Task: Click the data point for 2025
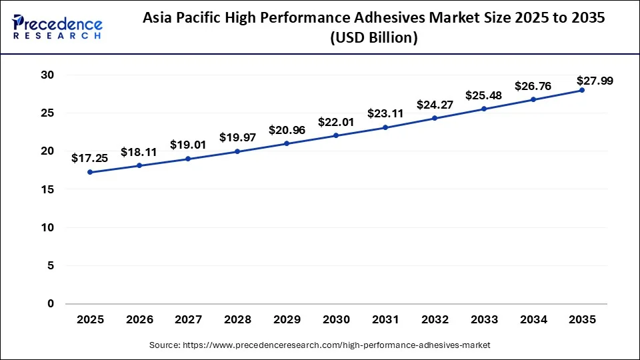click(90, 172)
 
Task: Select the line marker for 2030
click(336, 135)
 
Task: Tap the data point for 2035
click(582, 90)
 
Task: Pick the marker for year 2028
click(237, 151)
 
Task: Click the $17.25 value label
click(90, 159)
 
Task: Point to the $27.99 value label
click(595, 81)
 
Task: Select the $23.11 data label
click(385, 113)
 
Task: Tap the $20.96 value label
click(287, 130)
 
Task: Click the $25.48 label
click(484, 95)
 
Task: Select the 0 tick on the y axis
click(49, 304)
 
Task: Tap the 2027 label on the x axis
click(189, 320)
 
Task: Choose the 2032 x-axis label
click(435, 320)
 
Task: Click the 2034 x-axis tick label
click(533, 320)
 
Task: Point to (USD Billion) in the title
click(374, 39)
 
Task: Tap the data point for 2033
click(484, 109)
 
